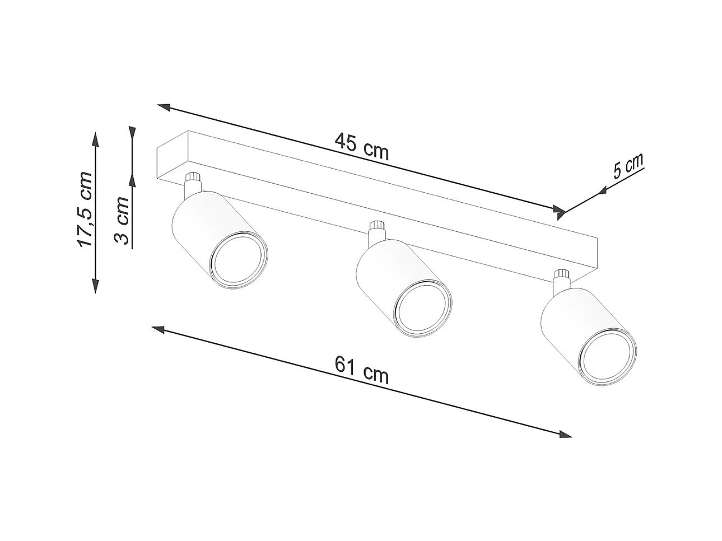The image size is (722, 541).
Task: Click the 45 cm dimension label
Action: click(361, 146)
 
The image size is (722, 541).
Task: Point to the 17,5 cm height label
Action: click(86, 210)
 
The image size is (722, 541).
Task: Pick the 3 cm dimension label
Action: click(122, 222)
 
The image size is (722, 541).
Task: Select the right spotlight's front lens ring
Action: click(607, 359)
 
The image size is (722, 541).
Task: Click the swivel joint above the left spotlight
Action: click(192, 180)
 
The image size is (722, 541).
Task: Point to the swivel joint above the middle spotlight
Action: click(376, 230)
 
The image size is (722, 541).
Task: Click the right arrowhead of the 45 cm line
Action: click(558, 211)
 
